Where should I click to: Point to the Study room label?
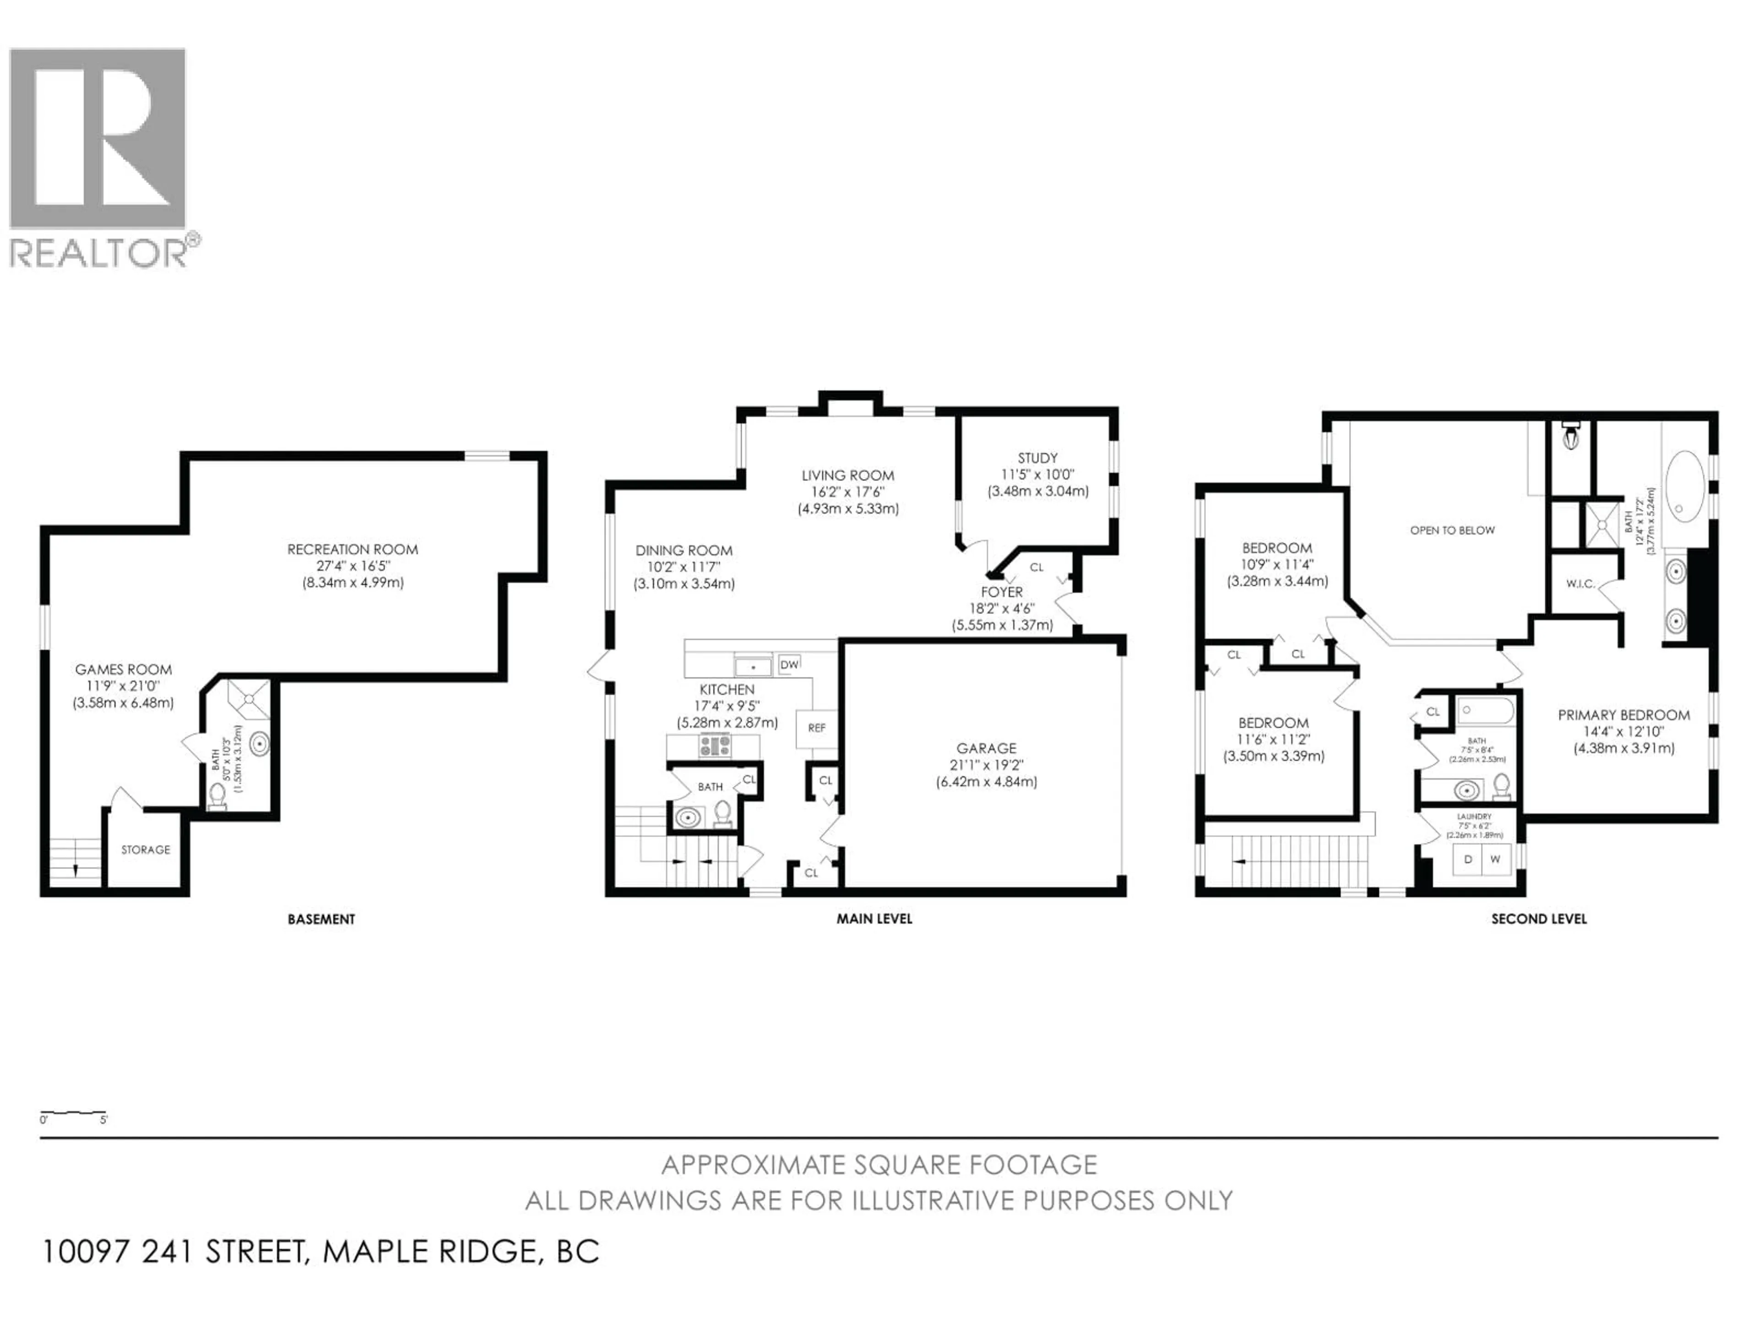tap(1037, 458)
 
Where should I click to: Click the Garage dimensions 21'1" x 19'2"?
tap(986, 766)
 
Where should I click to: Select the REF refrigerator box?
tap(816, 727)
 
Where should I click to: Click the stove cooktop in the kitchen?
tap(715, 746)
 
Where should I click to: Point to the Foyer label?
tap(1001, 592)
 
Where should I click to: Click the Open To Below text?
tap(1452, 530)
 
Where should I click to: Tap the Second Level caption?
tap(1539, 919)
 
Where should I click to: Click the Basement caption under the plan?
tap(321, 919)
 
